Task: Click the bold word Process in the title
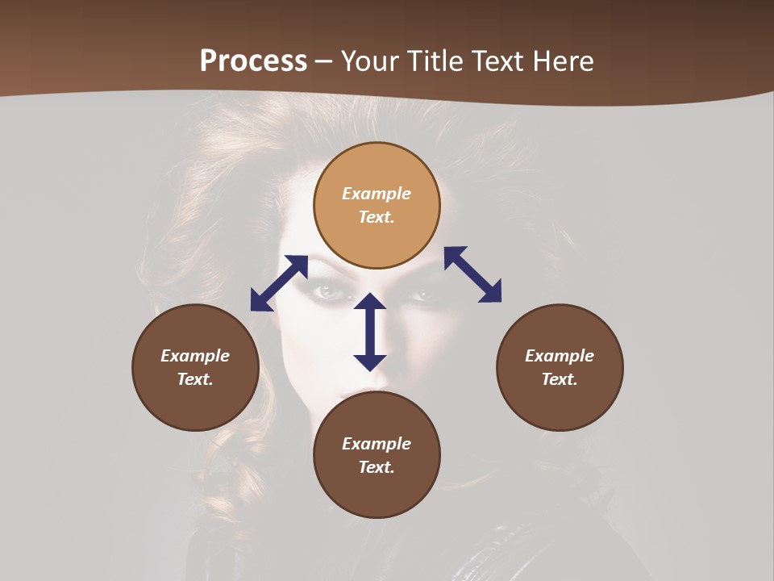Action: click(253, 61)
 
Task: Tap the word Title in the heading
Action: click(436, 61)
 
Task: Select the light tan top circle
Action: click(377, 205)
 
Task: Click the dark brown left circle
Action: click(195, 367)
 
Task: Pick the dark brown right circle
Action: click(560, 367)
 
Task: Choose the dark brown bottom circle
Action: click(377, 455)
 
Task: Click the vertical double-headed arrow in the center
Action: click(370, 332)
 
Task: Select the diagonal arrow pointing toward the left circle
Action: click(279, 282)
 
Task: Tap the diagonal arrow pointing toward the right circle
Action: click(472, 275)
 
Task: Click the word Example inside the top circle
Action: click(377, 194)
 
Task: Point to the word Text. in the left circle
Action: click(195, 379)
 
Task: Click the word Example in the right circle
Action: click(560, 356)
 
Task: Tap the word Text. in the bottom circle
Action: click(377, 467)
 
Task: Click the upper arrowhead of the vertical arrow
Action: click(370, 303)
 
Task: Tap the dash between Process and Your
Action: click(324, 62)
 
